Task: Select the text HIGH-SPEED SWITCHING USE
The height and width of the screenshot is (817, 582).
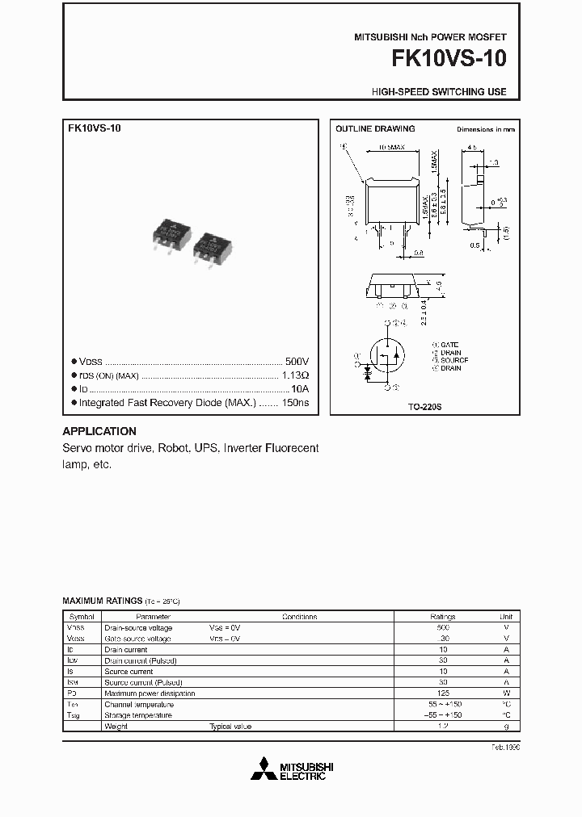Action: coord(439,92)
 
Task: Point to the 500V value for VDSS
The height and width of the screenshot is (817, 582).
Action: coord(297,362)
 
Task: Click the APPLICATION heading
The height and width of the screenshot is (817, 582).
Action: coord(99,431)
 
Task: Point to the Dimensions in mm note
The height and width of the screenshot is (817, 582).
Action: coord(485,129)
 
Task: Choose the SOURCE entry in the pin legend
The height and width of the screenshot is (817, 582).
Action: coord(453,360)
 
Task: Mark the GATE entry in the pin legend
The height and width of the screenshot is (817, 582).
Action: coord(449,345)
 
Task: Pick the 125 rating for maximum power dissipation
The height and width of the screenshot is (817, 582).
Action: coord(443,693)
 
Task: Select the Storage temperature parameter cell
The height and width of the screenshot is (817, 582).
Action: coord(138,715)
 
